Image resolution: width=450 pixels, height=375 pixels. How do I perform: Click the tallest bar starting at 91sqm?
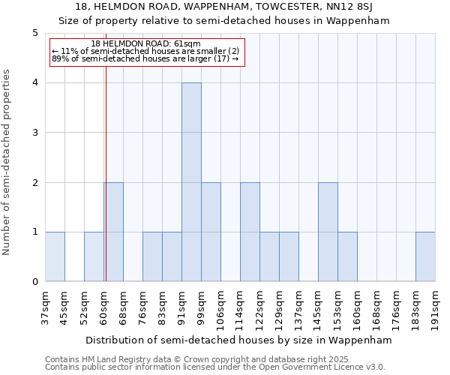[x=191, y=182]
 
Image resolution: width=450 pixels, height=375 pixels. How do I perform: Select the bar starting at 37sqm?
[x=55, y=257]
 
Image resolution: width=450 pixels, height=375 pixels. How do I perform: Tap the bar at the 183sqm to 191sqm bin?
[x=425, y=257]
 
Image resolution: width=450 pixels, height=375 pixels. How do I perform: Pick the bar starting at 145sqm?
[x=328, y=232]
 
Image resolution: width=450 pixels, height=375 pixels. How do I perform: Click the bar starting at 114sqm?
[x=250, y=232]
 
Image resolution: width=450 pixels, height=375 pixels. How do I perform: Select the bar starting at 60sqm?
[x=114, y=232]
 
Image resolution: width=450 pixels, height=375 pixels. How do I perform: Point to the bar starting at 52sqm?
[x=94, y=257]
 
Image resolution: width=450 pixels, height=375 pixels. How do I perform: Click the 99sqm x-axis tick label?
[x=201, y=307]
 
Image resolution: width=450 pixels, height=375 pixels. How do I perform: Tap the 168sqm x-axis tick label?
[x=376, y=307]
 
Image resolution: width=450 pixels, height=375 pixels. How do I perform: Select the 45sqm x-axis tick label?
[x=64, y=307]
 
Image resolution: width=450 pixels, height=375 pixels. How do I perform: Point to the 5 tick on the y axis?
[x=34, y=33]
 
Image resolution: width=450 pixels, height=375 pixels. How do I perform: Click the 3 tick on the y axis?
[x=34, y=133]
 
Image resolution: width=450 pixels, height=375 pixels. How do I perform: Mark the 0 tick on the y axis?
[x=34, y=282]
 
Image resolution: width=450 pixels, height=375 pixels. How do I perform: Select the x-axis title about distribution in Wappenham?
[x=239, y=340]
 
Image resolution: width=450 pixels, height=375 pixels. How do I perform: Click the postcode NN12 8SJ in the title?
[x=359, y=7]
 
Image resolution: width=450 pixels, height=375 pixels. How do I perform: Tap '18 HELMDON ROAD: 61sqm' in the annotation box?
[x=145, y=43]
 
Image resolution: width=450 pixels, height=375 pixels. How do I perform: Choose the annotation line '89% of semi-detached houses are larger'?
[x=145, y=58]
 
